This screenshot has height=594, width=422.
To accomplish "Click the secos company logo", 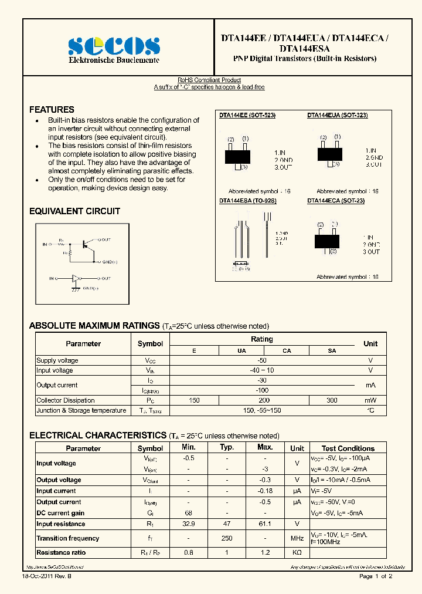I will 114,46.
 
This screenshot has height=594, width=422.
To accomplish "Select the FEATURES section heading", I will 52,110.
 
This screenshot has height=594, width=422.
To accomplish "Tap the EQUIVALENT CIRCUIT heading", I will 74,211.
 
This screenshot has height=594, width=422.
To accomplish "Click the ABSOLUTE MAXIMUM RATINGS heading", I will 94,326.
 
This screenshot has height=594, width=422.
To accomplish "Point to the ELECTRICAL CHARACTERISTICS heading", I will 98,436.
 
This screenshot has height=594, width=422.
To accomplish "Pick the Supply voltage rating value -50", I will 262,360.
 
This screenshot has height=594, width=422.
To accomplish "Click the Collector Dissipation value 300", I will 332,400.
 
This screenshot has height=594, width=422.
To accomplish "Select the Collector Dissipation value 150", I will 194,400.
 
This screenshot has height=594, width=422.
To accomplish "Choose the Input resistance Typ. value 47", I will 227,524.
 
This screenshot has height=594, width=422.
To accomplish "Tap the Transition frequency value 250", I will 227,538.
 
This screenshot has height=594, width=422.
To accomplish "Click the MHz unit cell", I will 297,538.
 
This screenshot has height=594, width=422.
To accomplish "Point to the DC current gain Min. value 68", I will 188,513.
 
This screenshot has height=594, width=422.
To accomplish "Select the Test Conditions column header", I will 348,448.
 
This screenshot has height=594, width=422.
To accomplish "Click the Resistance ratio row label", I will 61,553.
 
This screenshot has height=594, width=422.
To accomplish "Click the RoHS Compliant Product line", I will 209,80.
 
